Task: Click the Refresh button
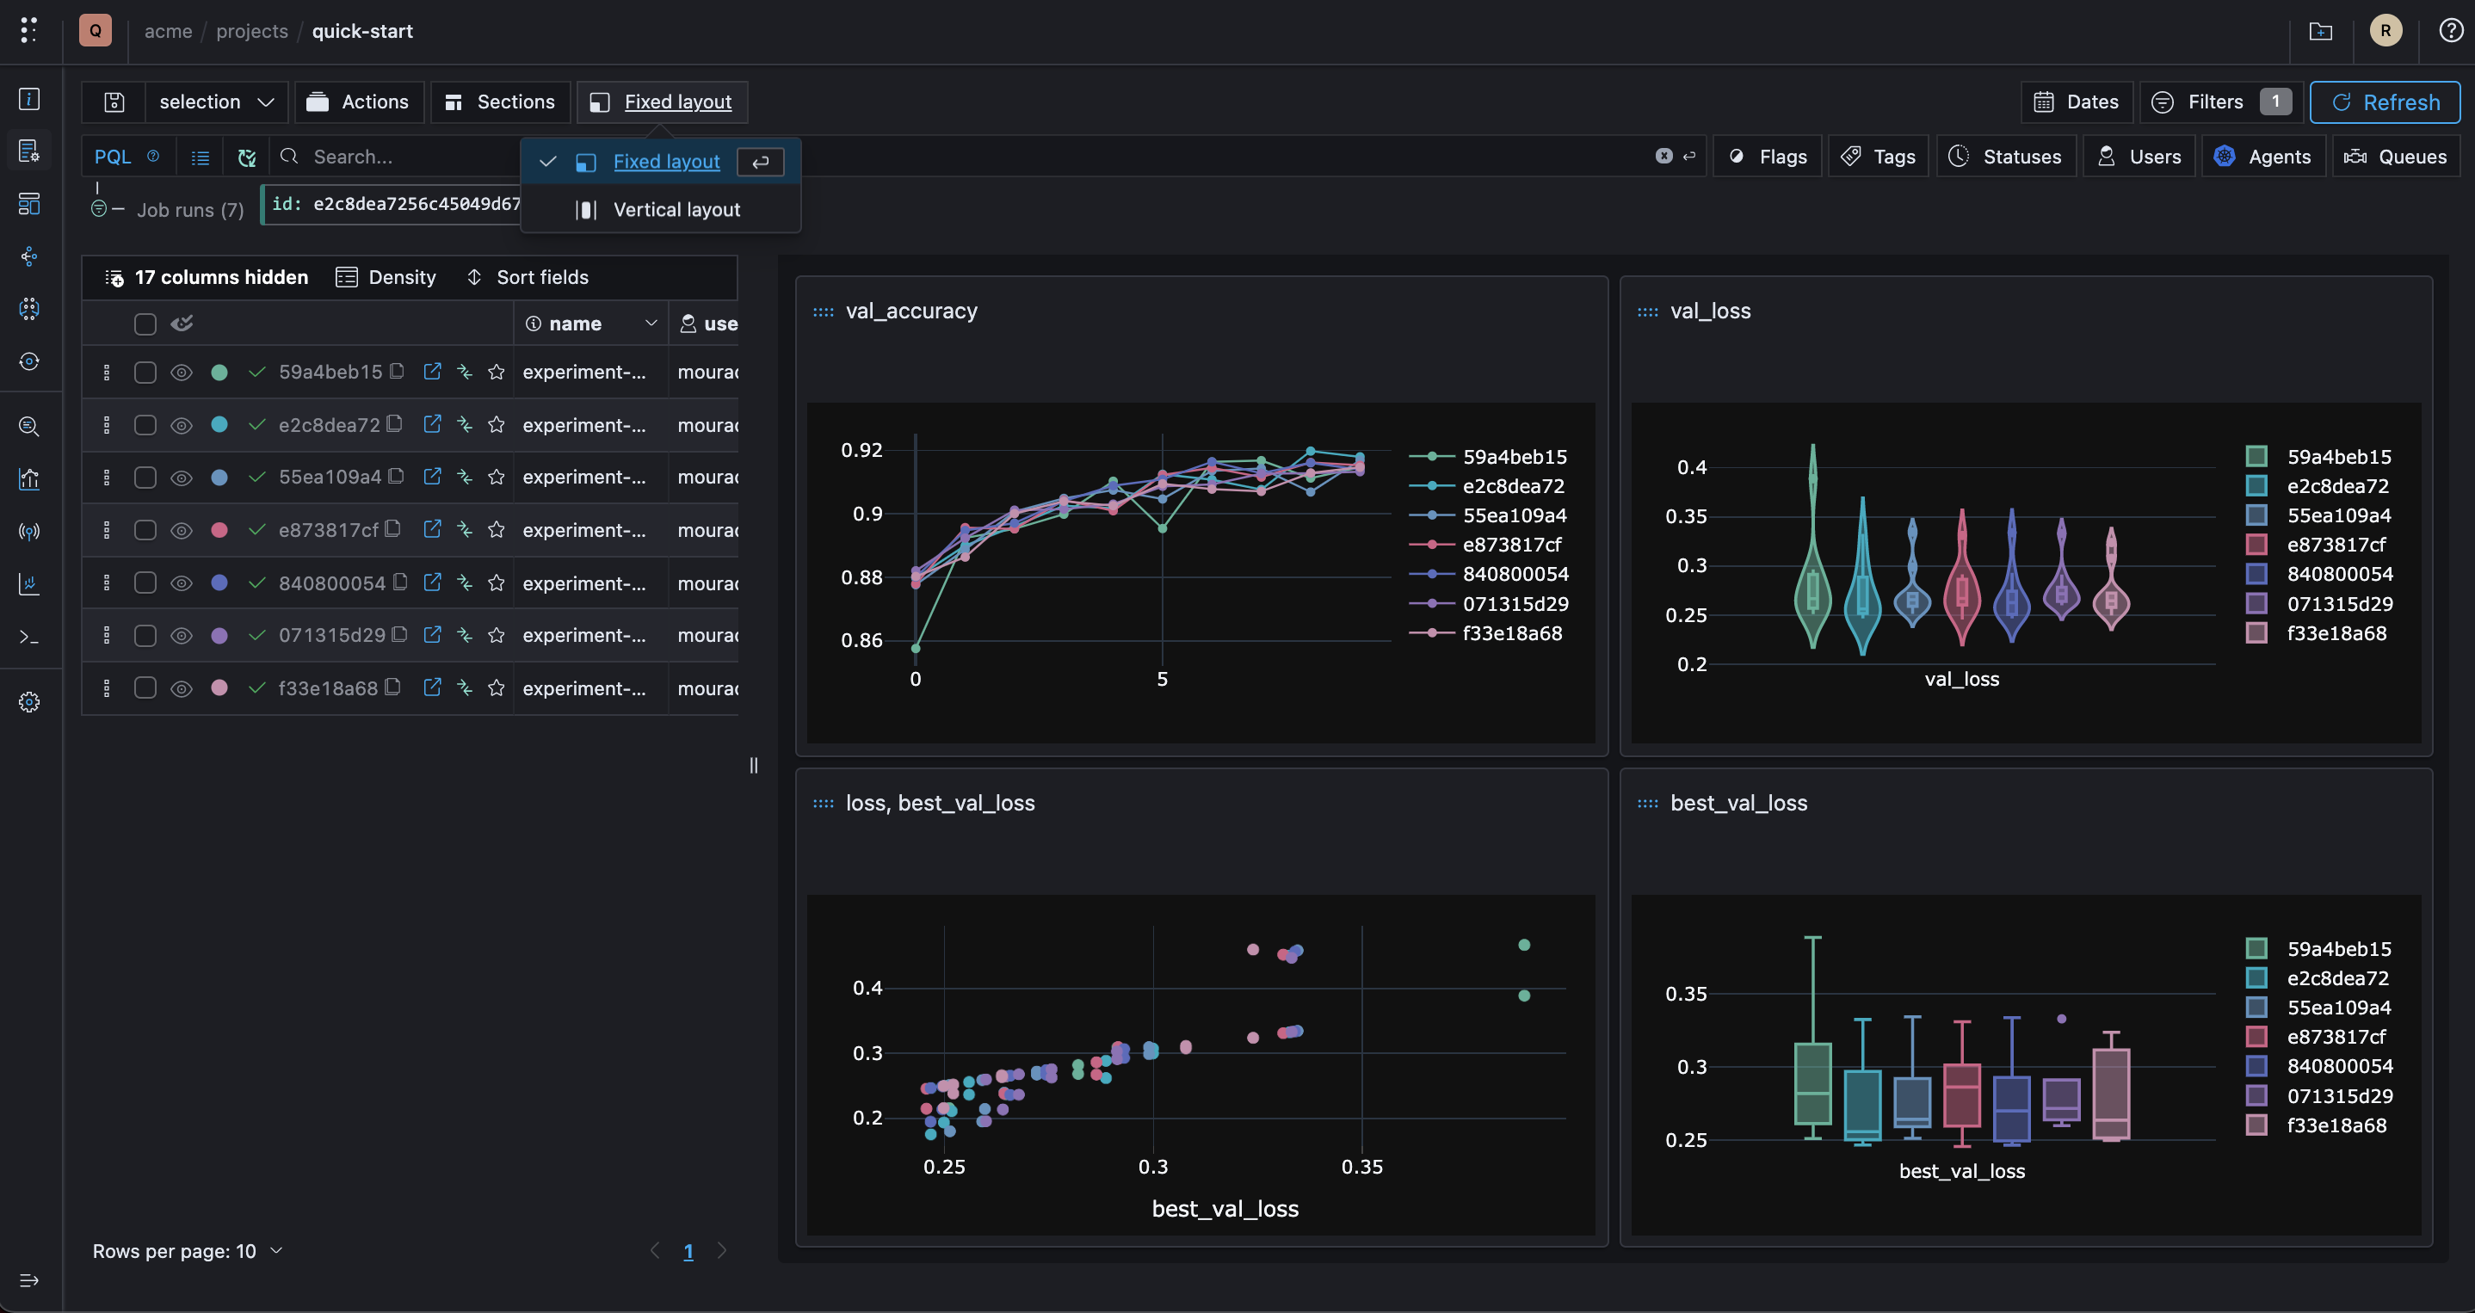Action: click(x=2385, y=102)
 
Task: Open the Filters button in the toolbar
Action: click(x=2220, y=102)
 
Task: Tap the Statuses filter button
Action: click(x=2006, y=157)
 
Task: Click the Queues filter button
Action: click(x=2396, y=157)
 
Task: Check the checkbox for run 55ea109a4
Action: click(x=145, y=478)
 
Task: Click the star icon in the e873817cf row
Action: click(x=496, y=529)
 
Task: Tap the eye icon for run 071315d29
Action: click(x=182, y=635)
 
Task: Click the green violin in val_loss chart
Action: click(x=1813, y=547)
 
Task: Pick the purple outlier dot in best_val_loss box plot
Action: click(x=2062, y=1019)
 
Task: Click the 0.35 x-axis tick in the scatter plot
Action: click(x=1361, y=1166)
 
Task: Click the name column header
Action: click(x=575, y=324)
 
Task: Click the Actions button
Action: click(x=358, y=102)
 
